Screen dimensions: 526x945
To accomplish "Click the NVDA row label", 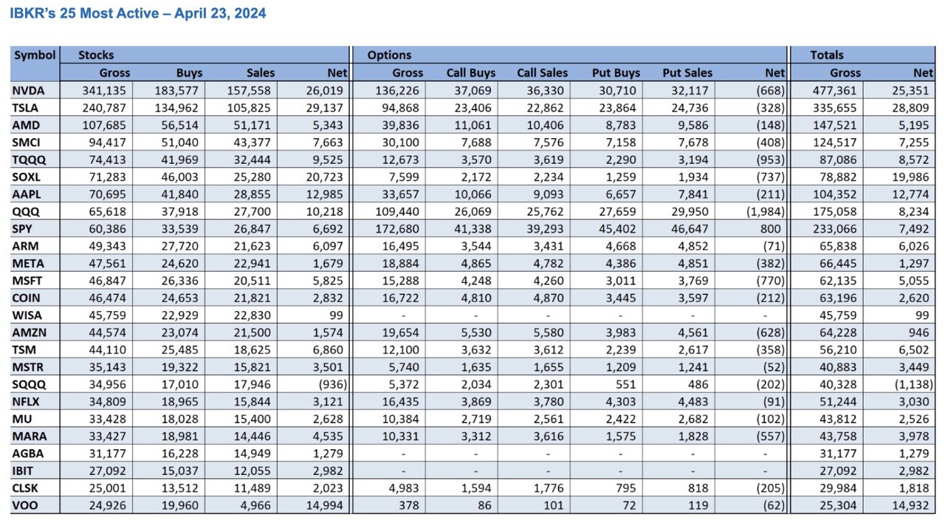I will click(x=29, y=91).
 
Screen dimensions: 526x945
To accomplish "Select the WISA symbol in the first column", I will click(x=27, y=315).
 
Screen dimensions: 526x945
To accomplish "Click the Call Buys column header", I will click(x=471, y=73).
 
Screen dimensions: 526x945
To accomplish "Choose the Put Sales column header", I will click(x=687, y=73).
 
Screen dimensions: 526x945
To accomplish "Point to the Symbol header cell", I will click(x=35, y=55).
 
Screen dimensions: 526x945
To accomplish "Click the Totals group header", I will click(x=826, y=55).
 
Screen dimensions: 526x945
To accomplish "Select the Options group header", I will click(x=389, y=55).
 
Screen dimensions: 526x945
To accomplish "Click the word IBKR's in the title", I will click(x=32, y=14).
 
